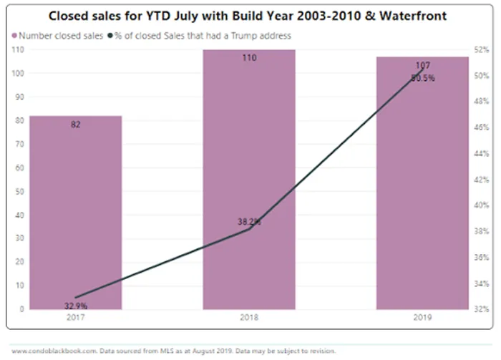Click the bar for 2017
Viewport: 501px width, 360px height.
[x=75, y=215]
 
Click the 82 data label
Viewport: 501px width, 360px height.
[x=75, y=125]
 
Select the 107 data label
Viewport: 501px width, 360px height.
[x=422, y=66]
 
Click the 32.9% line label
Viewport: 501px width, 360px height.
[x=75, y=305]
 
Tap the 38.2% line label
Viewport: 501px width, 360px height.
[x=249, y=222]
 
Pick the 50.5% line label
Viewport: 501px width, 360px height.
[x=422, y=78]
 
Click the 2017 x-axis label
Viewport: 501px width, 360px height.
[x=75, y=316]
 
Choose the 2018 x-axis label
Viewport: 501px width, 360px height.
[x=249, y=316]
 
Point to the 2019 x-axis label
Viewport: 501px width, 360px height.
[x=422, y=316]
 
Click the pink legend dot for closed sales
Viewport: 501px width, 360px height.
[x=14, y=35]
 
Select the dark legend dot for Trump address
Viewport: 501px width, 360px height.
[x=110, y=35]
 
